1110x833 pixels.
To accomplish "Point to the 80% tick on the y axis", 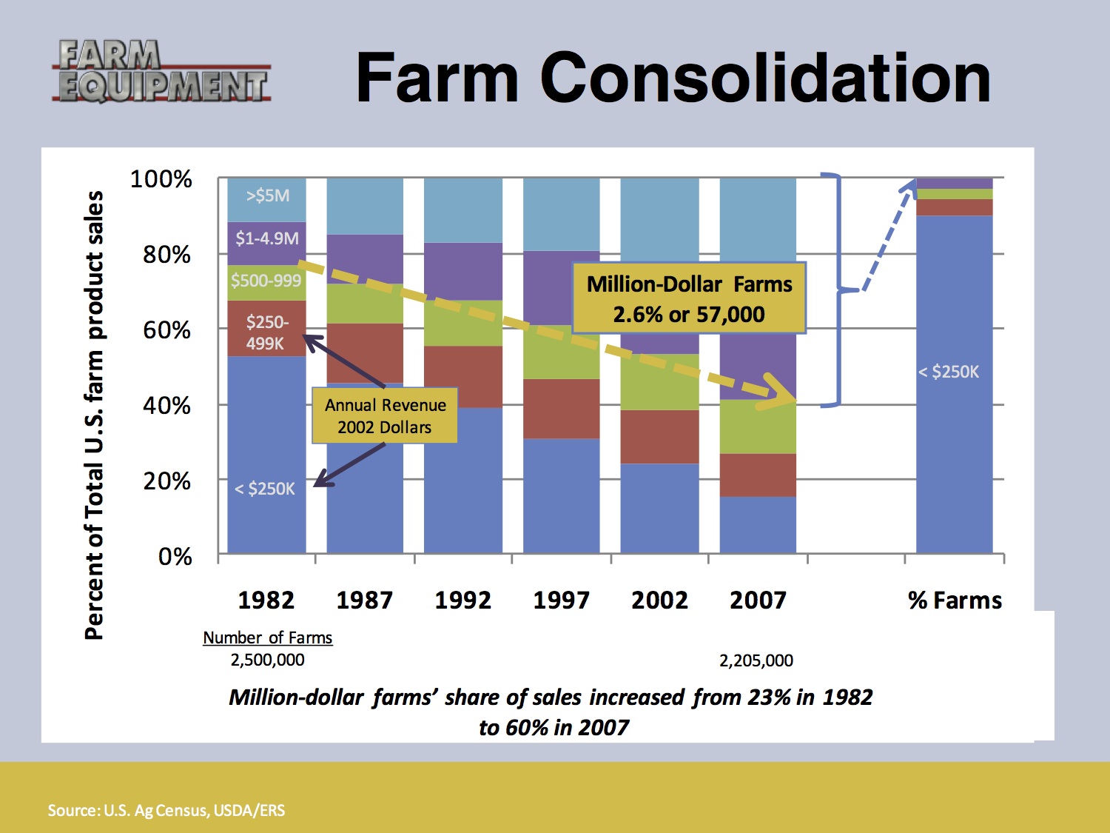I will [166, 255].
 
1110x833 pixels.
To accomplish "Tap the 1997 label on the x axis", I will [561, 600].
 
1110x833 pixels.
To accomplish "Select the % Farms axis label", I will [955, 600].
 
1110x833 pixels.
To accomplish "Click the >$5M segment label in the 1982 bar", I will [267, 196].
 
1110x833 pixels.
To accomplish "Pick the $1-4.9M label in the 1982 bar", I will [267, 238].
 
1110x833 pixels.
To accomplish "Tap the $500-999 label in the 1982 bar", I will [266, 281].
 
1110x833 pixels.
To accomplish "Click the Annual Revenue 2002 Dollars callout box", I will [385, 416].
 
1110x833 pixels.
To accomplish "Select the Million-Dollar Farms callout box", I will [689, 298].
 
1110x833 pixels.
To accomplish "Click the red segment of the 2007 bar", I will [758, 475].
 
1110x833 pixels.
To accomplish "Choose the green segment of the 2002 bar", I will [659, 382].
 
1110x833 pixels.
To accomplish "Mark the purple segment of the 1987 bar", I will [365, 258].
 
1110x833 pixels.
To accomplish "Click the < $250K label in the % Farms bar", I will [949, 372].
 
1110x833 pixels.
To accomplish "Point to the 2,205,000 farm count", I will [756, 660].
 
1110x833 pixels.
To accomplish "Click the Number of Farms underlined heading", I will [267, 638].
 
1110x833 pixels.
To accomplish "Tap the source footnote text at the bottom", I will [166, 810].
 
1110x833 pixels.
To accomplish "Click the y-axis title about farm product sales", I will [94, 415].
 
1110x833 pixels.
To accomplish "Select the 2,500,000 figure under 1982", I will [267, 660].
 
